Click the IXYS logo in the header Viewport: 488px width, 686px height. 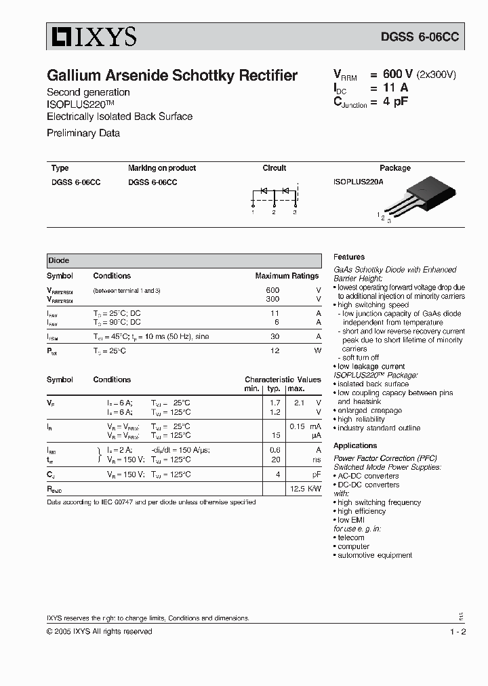[91, 37]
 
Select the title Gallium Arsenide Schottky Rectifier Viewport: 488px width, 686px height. [171, 76]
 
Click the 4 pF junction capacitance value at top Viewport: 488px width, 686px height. [395, 102]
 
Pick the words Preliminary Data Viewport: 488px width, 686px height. [83, 133]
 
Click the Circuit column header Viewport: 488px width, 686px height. [274, 168]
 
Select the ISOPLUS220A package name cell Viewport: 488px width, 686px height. [358, 182]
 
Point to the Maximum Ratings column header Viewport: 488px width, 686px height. [287, 276]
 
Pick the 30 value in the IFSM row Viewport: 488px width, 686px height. [274, 337]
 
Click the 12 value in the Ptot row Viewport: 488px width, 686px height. [274, 350]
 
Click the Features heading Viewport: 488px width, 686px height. [349, 257]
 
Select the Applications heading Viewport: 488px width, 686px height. [355, 445]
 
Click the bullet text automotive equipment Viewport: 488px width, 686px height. [375, 555]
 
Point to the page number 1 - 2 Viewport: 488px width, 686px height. [457, 631]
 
